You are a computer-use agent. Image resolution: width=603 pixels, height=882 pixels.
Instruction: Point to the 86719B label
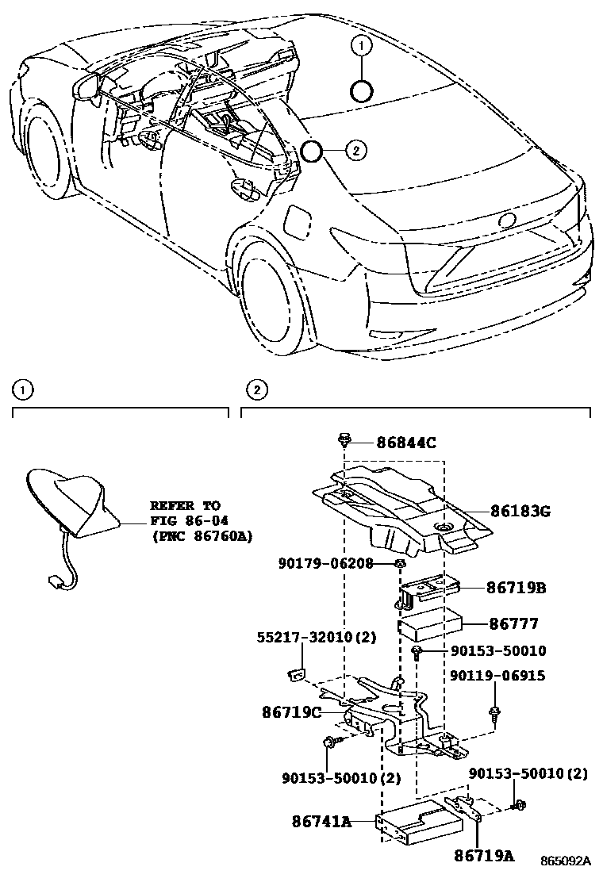tap(517, 588)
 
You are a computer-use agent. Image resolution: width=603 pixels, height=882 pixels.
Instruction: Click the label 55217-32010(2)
tap(316, 638)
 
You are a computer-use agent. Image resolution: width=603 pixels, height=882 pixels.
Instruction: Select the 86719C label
tap(291, 712)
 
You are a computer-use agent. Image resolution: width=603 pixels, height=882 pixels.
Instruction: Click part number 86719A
tap(485, 855)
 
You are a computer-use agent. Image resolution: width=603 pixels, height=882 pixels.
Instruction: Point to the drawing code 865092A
tap(567, 861)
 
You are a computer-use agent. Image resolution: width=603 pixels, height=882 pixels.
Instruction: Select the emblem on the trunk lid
tap(505, 220)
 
